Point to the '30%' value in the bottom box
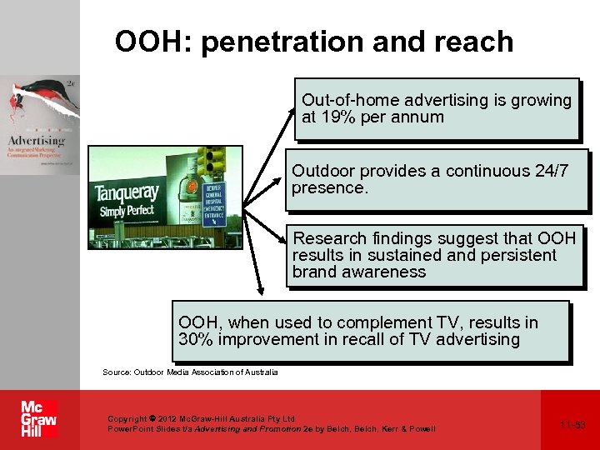(197, 340)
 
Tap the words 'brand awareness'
(358, 272)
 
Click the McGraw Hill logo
(38, 419)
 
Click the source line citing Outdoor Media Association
(190, 372)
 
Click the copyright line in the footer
(201, 418)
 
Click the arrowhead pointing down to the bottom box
(261, 292)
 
